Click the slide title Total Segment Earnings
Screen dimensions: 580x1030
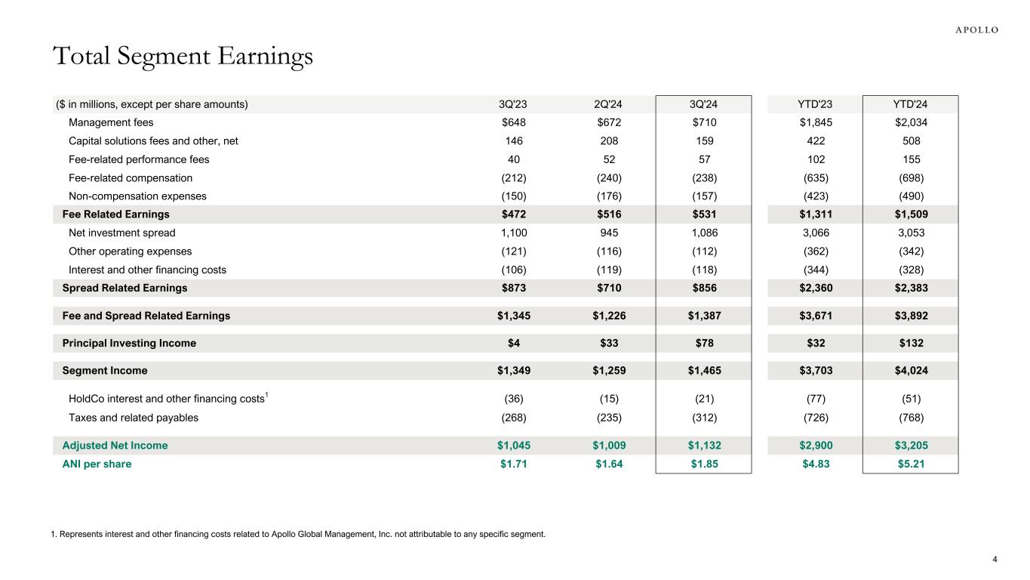(182, 57)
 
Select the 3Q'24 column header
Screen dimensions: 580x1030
(703, 104)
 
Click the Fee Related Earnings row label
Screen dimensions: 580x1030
(115, 214)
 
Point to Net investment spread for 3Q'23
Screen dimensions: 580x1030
(512, 233)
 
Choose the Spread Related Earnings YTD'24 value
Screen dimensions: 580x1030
(910, 288)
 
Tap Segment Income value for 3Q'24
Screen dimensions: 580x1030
(703, 371)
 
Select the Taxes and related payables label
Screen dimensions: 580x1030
(134, 418)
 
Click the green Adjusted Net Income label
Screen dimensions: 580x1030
(115, 446)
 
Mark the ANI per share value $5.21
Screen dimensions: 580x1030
(910, 464)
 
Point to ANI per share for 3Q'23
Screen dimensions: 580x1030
(512, 464)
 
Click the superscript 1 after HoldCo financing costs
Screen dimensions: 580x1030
(269, 395)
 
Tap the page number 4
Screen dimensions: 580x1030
(995, 560)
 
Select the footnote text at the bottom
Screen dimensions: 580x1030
(297, 535)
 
